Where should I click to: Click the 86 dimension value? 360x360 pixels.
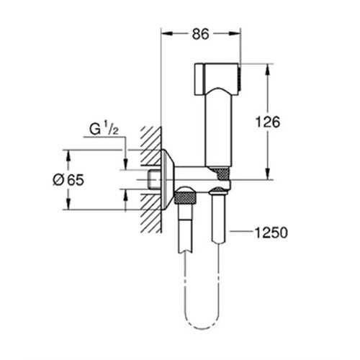click(x=201, y=34)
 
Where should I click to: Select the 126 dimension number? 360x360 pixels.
click(x=268, y=122)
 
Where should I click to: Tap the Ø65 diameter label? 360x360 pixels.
click(x=68, y=180)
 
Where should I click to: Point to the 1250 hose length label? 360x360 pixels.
click(x=271, y=233)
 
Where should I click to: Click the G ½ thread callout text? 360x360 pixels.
click(x=104, y=130)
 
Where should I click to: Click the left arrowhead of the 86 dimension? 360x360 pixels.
click(x=167, y=34)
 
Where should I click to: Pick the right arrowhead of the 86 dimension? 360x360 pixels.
click(x=234, y=34)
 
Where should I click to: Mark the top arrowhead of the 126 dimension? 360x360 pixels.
click(x=268, y=69)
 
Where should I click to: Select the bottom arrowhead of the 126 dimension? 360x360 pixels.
click(x=268, y=174)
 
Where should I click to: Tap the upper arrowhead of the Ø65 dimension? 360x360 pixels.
click(x=68, y=156)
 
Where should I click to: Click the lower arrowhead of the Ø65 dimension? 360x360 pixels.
click(x=68, y=204)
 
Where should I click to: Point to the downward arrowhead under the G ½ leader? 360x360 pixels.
click(x=125, y=164)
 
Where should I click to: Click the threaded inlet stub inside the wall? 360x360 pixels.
click(x=155, y=179)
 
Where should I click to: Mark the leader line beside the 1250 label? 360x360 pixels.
click(x=242, y=232)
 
